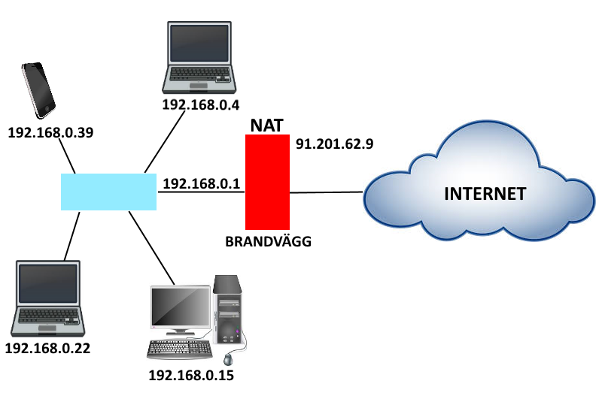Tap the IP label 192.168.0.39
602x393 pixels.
[x=50, y=132]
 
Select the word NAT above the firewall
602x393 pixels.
[x=268, y=125]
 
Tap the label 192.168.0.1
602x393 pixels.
[x=200, y=183]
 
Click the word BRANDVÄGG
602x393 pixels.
[x=268, y=242]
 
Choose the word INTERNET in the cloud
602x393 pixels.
[x=485, y=193]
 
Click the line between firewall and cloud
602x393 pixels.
[x=327, y=192]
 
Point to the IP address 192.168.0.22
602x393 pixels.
[x=47, y=349]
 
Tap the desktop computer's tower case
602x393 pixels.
[x=227, y=307]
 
